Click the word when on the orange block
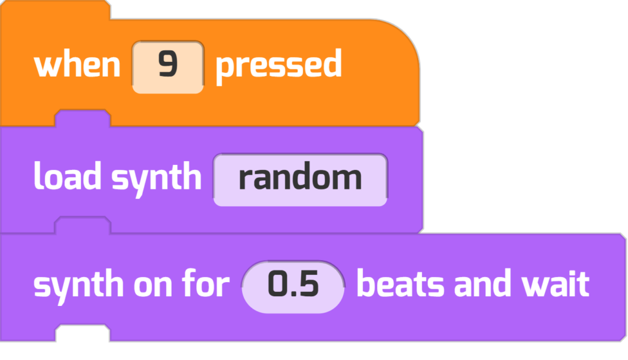tap(77, 65)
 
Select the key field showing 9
tap(168, 67)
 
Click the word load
tap(67, 176)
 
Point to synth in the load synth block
tap(156, 179)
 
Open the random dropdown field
tap(301, 180)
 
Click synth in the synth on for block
tap(78, 286)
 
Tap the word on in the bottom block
tap(153, 286)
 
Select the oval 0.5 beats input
tap(293, 287)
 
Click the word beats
tap(400, 283)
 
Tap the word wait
tap(554, 283)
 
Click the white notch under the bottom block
tap(83, 333)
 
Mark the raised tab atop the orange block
tap(55, 10)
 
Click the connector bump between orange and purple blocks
tap(83, 118)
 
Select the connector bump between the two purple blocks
tap(83, 224)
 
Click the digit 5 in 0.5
tap(308, 284)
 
